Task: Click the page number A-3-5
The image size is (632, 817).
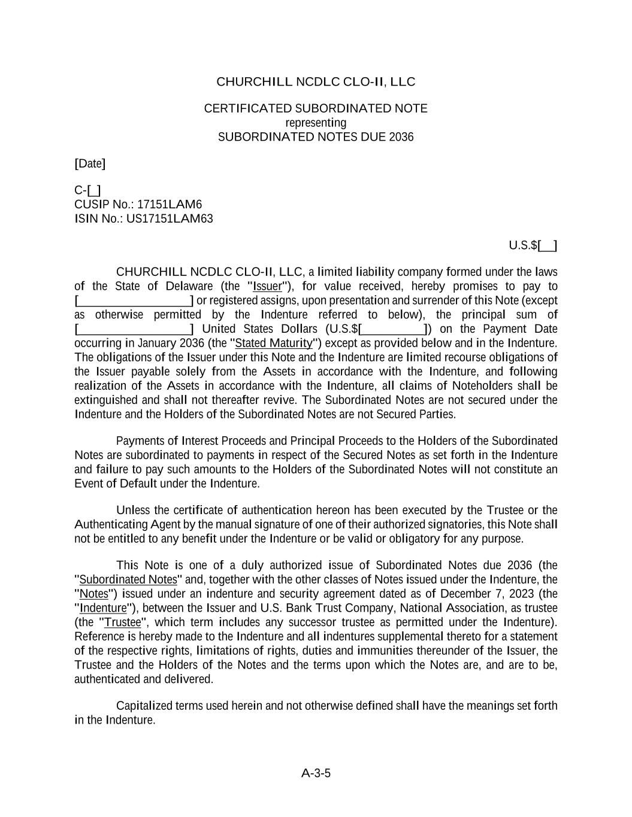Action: pyautogui.click(x=316, y=773)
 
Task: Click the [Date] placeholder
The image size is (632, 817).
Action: pyautogui.click(x=90, y=163)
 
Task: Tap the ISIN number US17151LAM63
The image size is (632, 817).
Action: pyautogui.click(x=170, y=218)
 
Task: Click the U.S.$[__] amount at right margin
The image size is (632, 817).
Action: pyautogui.click(x=533, y=245)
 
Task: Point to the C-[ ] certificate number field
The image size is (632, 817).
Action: pyautogui.click(x=87, y=190)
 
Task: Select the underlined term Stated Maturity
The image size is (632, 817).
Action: pyautogui.click(x=274, y=343)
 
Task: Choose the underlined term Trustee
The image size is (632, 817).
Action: pyautogui.click(x=123, y=622)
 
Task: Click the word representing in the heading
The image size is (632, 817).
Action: pyautogui.click(x=316, y=123)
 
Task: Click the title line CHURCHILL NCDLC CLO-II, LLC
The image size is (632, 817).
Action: pyautogui.click(x=316, y=81)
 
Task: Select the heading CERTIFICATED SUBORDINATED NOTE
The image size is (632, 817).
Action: pyautogui.click(x=316, y=108)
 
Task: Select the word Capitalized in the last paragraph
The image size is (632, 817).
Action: pyautogui.click(x=144, y=706)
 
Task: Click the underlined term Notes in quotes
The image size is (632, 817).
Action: pyautogui.click(x=93, y=594)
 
